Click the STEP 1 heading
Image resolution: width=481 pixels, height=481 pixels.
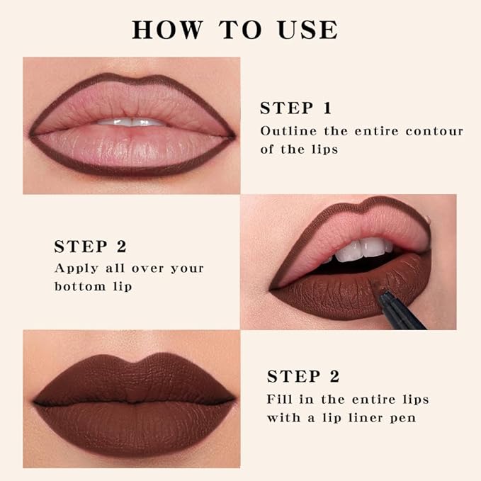pos(295,108)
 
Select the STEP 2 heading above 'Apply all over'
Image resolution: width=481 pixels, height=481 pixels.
pos(90,247)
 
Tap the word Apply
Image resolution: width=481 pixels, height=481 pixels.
pos(74,268)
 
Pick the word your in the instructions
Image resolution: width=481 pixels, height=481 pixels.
pos(187,269)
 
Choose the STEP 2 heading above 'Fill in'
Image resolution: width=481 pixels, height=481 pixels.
pos(303,376)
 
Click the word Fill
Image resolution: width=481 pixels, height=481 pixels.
pos(280,399)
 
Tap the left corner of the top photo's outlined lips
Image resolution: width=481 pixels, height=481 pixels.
pos(31,134)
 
